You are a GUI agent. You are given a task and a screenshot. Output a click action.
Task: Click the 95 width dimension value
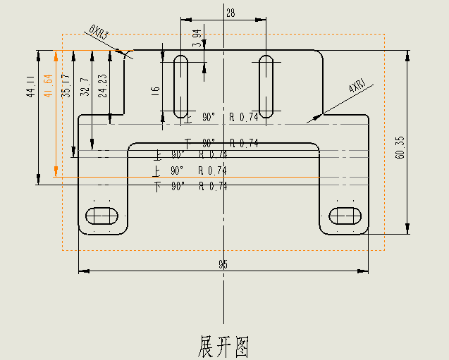pyautogui.click(x=223, y=265)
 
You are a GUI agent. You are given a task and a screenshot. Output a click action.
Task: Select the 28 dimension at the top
pyautogui.click(x=230, y=13)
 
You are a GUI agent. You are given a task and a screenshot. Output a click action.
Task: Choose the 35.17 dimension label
pyautogui.click(x=66, y=85)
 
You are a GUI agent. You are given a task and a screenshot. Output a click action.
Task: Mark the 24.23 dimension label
pyautogui.click(x=103, y=85)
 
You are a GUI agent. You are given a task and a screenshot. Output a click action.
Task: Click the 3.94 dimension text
pyautogui.click(x=197, y=37)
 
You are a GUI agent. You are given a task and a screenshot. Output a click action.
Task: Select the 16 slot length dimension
pyautogui.click(x=156, y=91)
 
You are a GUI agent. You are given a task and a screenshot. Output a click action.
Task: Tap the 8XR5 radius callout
pyautogui.click(x=99, y=32)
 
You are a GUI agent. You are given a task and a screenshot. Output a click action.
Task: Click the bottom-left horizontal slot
pyautogui.click(x=102, y=215)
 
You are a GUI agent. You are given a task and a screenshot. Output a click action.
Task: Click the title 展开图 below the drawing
pyautogui.click(x=223, y=347)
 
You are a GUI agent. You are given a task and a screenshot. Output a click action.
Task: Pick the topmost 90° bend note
pyautogui.click(x=209, y=117)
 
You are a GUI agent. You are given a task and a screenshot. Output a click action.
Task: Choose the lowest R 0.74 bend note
pyautogui.click(x=214, y=186)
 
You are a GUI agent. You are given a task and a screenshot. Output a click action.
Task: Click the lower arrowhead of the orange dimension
pyautogui.click(x=56, y=172)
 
